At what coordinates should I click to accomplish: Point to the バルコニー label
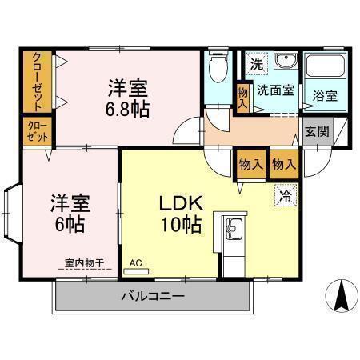pyautogui.click(x=153, y=297)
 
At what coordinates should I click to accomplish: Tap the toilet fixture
pyautogui.click(x=217, y=73)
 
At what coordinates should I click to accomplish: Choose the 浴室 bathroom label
pyautogui.click(x=323, y=94)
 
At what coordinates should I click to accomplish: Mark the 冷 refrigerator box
pyautogui.click(x=285, y=194)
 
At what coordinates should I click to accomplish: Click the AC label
pyautogui.click(x=136, y=262)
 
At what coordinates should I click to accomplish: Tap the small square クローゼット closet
pyautogui.click(x=37, y=130)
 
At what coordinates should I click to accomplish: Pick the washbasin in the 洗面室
pyautogui.click(x=286, y=64)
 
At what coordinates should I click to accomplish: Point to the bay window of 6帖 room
pyautogui.click(x=14, y=214)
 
